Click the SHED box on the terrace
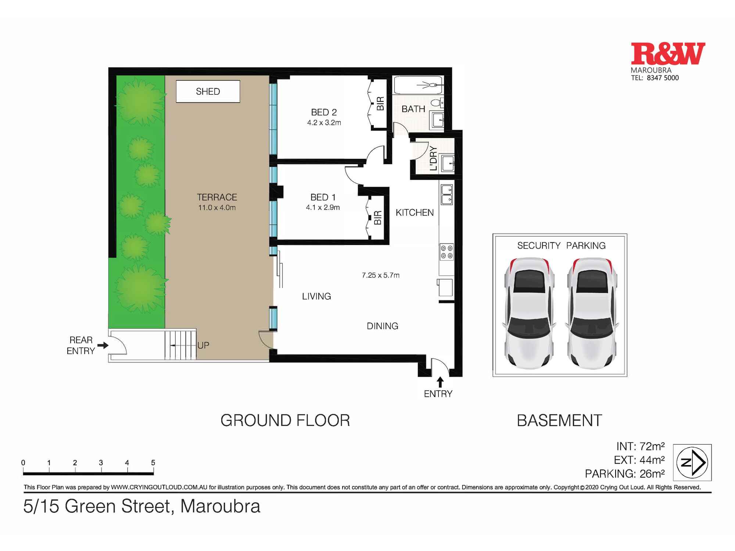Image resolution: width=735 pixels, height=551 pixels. [x=208, y=91]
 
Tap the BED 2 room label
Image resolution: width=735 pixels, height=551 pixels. [x=324, y=112]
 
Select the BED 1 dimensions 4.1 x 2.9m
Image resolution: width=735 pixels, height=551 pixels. [x=323, y=208]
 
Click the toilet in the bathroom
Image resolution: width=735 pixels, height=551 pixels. [x=437, y=102]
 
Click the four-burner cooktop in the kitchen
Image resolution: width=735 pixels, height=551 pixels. [x=447, y=252]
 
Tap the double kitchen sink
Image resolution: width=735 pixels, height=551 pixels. [x=447, y=194]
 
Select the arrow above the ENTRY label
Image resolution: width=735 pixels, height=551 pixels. [x=440, y=382]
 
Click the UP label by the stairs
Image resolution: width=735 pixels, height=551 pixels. [x=203, y=345]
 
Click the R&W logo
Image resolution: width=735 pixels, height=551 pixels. [x=668, y=54]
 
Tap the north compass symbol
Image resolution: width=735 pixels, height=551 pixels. [x=692, y=462]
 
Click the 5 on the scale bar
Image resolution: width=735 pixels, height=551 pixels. [x=153, y=463]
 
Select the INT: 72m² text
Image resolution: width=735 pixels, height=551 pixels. [x=640, y=446]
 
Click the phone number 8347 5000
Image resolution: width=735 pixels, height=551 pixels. [x=663, y=78]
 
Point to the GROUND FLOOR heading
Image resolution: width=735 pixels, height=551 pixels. [x=285, y=421]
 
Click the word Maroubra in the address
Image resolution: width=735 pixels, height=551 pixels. [x=220, y=506]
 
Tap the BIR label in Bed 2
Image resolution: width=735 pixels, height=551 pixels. [x=380, y=103]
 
